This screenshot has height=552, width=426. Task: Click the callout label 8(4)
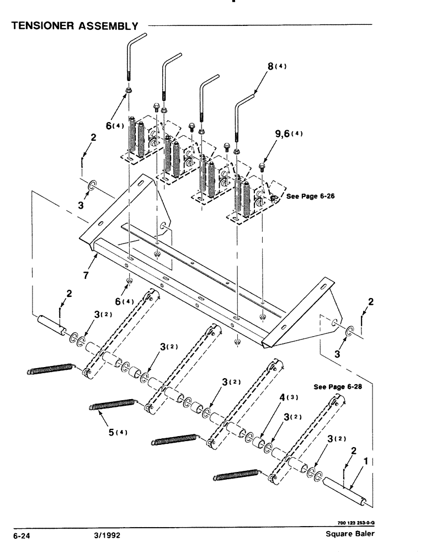point(278,67)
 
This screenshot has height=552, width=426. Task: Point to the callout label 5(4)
point(119,432)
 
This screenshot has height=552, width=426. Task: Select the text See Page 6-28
point(337,388)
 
